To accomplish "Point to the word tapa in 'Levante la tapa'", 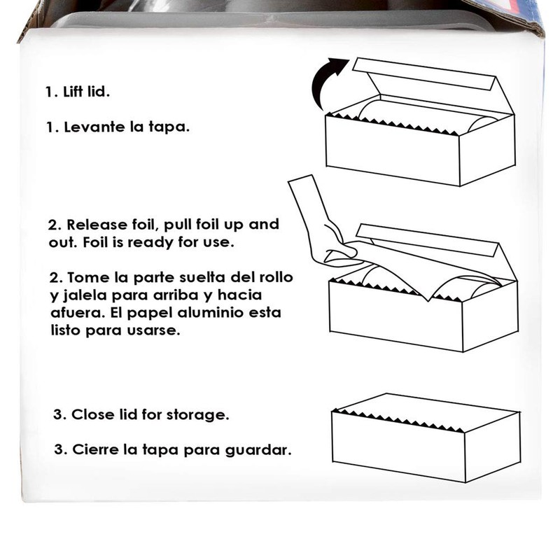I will tap(169, 128).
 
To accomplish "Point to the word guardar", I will tap(262, 449).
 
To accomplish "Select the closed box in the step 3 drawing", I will tap(423, 444).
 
